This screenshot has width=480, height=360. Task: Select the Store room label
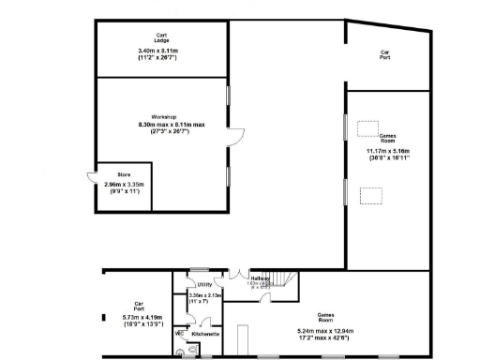point(124,174)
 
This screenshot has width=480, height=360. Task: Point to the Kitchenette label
point(205,334)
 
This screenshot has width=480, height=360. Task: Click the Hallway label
point(261,278)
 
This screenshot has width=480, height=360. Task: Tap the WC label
point(179,333)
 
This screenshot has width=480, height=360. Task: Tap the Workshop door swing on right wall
point(237,136)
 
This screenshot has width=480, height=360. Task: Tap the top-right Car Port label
point(384,53)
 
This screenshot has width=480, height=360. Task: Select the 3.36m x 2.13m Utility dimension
point(204,299)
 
